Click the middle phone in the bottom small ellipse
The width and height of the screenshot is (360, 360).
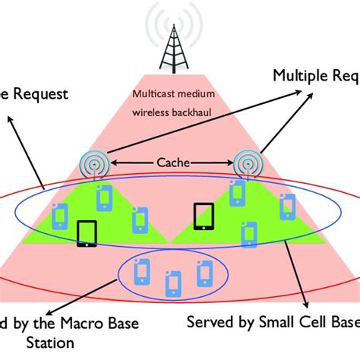(175, 282)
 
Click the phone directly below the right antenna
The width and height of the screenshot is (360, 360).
(238, 194)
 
